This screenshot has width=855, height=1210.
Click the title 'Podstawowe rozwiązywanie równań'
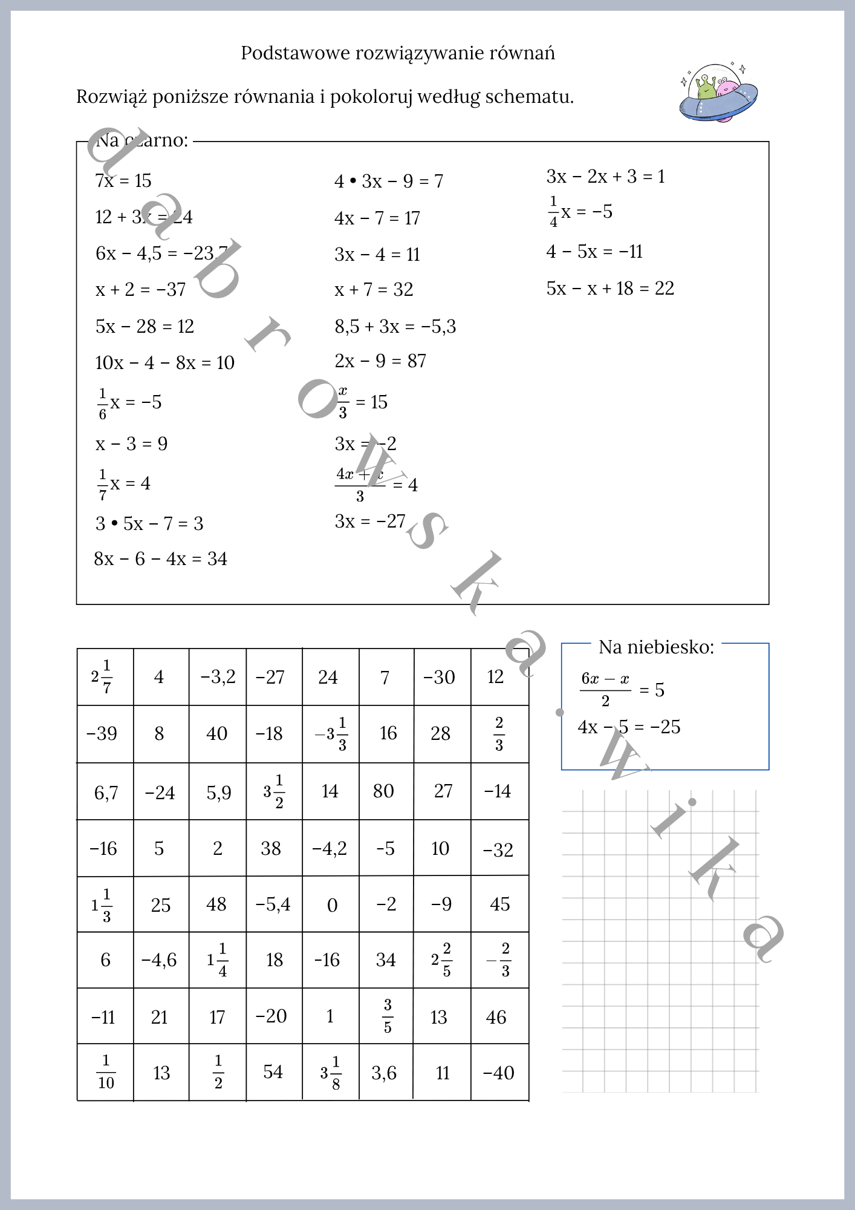point(397,53)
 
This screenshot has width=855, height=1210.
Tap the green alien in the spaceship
point(706,88)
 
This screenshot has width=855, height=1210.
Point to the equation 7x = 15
point(123,181)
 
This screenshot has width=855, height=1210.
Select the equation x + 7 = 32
point(374,290)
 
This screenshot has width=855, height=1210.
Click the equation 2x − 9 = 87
point(380,361)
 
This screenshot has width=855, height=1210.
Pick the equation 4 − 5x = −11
point(594,252)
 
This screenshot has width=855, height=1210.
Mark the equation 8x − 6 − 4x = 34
point(160,559)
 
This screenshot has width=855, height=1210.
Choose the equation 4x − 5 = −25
point(629,727)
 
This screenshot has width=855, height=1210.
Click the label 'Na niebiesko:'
point(656,647)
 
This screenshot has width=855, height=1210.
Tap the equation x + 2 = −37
point(140,290)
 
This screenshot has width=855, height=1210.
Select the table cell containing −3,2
point(218,677)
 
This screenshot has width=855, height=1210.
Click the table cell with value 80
point(383,791)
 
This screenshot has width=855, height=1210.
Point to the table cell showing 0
point(332,905)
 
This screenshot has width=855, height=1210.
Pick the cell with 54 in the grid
point(273,1072)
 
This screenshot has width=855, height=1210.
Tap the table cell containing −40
point(499,1073)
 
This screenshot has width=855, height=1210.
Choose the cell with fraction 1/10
point(106,1072)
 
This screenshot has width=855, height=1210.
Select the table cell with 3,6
point(384,1073)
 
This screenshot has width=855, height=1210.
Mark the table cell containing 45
point(499,904)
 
